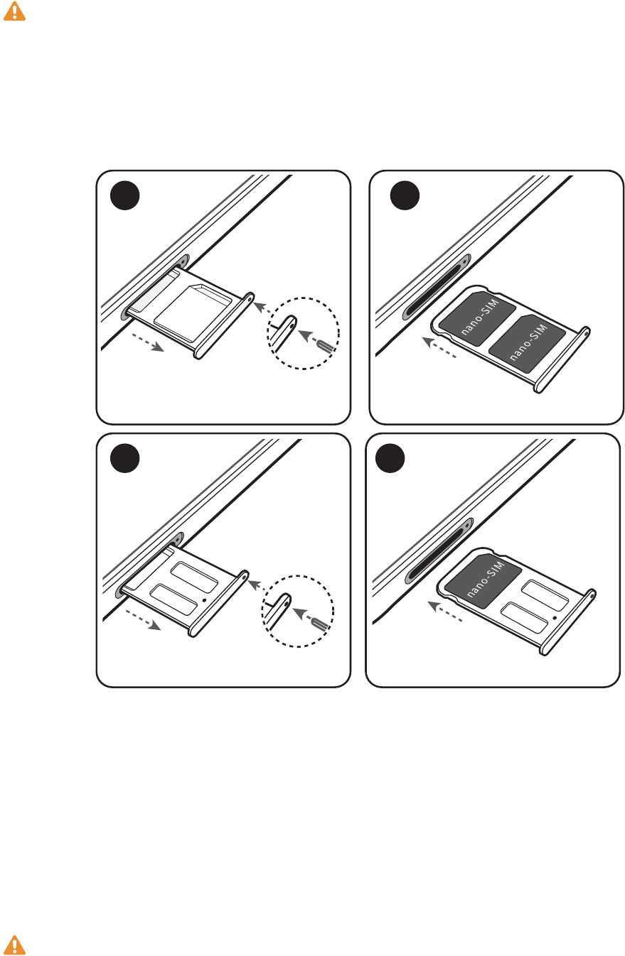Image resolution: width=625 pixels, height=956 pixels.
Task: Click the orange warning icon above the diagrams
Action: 14,11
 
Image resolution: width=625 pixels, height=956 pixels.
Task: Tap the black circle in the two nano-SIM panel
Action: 405,195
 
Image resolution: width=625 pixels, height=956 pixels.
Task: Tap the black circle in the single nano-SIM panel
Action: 390,458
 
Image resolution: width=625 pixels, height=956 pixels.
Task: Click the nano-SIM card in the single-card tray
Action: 484,580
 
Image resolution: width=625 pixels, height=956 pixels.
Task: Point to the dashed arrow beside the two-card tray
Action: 439,347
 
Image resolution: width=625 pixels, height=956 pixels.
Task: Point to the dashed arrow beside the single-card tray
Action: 444,611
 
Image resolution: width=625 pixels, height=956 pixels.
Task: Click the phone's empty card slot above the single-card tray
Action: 439,550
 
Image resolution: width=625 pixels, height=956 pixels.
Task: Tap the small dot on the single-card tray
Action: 555,617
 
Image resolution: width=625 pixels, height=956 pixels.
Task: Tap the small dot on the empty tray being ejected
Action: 204,599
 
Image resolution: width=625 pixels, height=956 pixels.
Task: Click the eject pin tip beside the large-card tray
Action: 326,345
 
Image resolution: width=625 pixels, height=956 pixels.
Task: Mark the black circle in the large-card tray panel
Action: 124,195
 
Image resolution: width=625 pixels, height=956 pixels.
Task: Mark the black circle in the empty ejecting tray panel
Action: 124,458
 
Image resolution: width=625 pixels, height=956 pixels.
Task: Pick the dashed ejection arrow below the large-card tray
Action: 147,343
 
